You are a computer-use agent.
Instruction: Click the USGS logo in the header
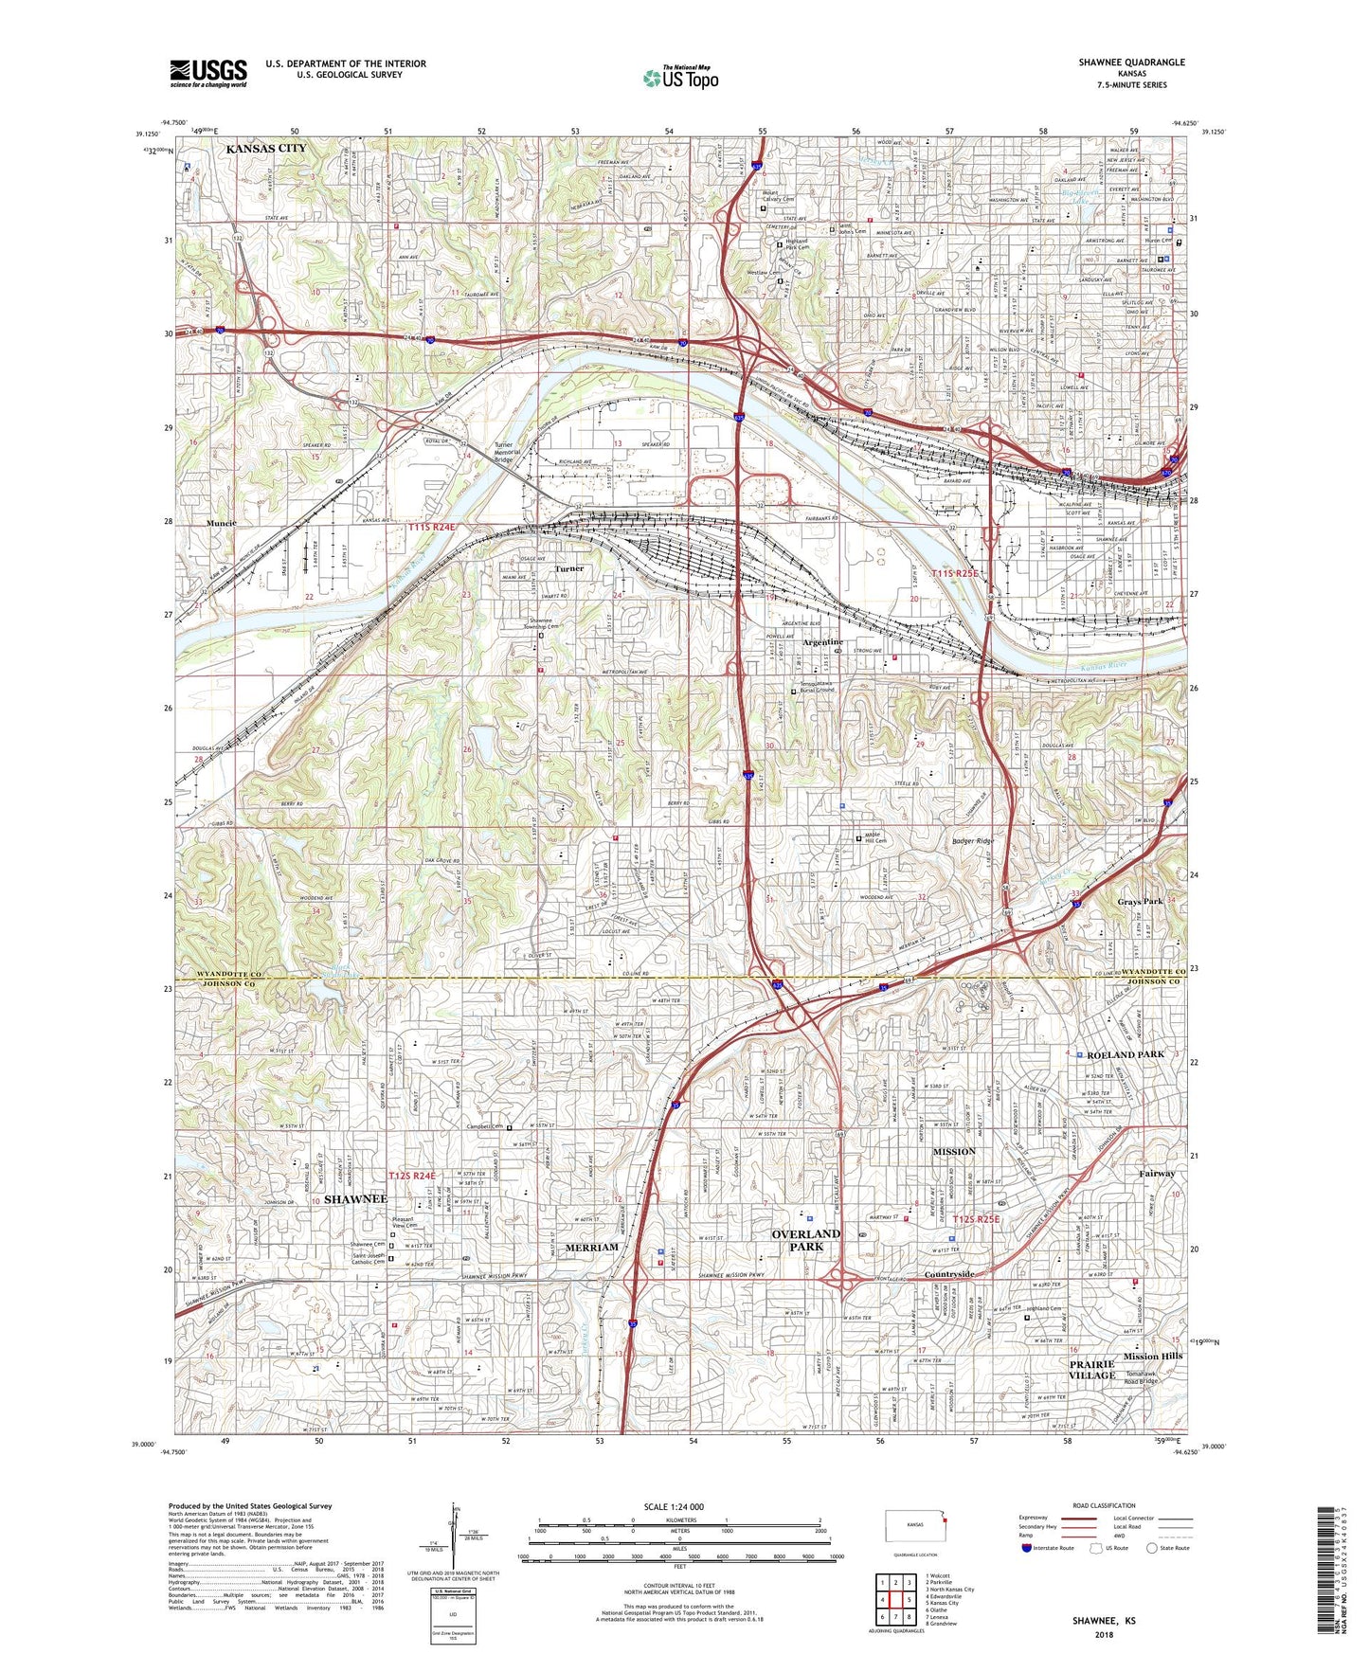tap(207, 72)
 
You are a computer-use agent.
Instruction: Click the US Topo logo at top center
tap(680, 78)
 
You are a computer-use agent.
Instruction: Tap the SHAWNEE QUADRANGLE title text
tap(1130, 63)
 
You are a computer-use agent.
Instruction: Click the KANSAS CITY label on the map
tap(265, 149)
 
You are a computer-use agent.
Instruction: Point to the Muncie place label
tap(222, 523)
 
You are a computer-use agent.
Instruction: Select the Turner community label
tap(568, 568)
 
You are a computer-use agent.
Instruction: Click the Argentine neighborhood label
tap(823, 642)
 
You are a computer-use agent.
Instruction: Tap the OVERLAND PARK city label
tap(805, 1240)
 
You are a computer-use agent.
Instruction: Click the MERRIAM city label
tap(591, 1248)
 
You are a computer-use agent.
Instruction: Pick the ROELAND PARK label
tap(1125, 1054)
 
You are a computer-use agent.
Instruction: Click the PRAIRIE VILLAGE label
tap(1091, 1369)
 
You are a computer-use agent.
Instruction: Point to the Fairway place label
tap(1157, 1173)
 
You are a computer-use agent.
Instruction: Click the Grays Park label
tap(1139, 901)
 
